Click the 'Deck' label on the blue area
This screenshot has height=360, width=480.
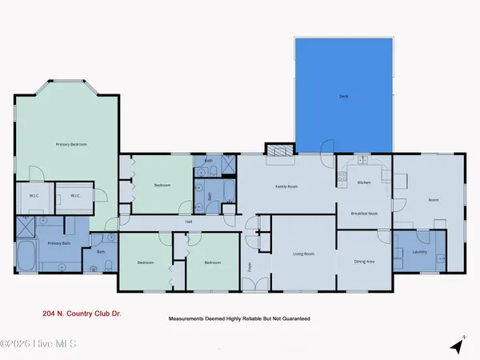344,95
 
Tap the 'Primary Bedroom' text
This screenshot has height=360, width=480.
71,144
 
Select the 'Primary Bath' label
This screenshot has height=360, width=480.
60,242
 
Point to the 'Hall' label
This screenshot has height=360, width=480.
189,222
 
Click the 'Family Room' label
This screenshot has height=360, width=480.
286,186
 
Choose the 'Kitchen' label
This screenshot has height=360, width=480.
364,183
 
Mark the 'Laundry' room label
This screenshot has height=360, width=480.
420,252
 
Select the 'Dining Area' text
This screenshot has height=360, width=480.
364,261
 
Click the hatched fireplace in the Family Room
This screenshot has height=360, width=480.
279,150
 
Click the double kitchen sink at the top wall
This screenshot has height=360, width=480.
364,160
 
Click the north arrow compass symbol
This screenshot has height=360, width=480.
457,346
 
